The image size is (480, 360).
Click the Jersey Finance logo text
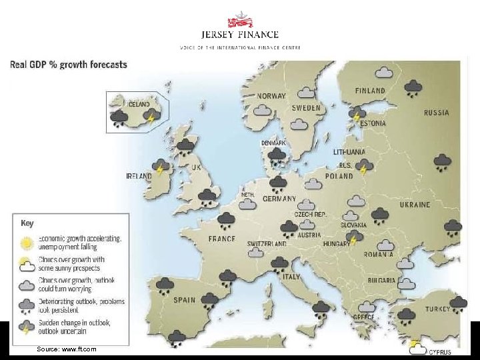coord(239,35)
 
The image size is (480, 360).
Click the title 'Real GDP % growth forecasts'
coord(68,65)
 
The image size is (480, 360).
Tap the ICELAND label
coord(138,104)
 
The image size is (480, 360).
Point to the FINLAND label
coord(370,90)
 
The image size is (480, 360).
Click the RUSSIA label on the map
coord(436,113)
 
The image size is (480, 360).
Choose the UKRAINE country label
coord(415,205)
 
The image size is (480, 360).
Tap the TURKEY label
coord(437,309)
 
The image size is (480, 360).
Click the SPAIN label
coord(185,300)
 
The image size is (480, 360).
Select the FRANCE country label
coord(221,239)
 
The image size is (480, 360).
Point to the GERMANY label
coord(279,199)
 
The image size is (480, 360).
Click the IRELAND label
coord(139,176)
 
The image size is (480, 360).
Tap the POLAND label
coord(339,176)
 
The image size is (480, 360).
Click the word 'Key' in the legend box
coord(27,223)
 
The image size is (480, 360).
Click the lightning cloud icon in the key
coord(27,327)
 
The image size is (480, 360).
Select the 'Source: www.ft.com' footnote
coord(67,349)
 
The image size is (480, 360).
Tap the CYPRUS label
coord(440,352)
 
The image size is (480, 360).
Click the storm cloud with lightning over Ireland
coord(160,167)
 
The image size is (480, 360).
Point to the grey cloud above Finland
coord(383,72)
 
